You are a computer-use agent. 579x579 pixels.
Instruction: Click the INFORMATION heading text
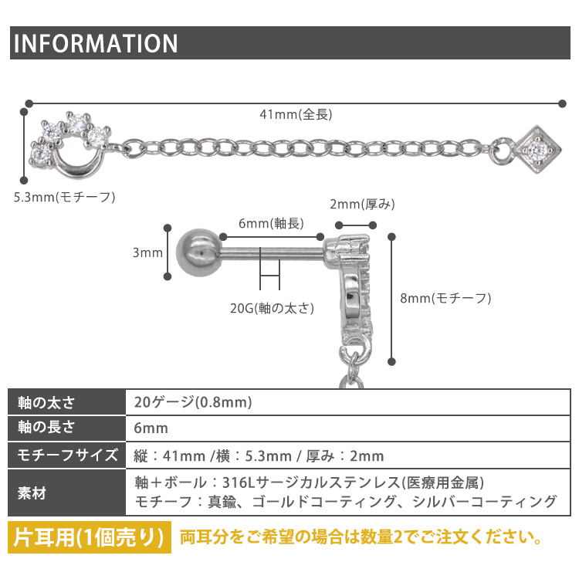click(x=95, y=42)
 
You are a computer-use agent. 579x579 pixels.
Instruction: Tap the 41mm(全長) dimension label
click(x=296, y=114)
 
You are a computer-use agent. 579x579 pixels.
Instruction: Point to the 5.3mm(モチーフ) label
click(x=64, y=197)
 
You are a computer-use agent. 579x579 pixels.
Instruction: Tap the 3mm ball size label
click(x=147, y=252)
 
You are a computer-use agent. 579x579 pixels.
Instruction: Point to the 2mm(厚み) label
click(x=362, y=205)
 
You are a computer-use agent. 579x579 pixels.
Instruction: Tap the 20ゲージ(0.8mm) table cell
click(x=193, y=403)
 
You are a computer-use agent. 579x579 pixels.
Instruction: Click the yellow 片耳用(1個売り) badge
click(x=90, y=537)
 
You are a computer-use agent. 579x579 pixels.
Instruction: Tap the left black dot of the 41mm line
click(x=29, y=102)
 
